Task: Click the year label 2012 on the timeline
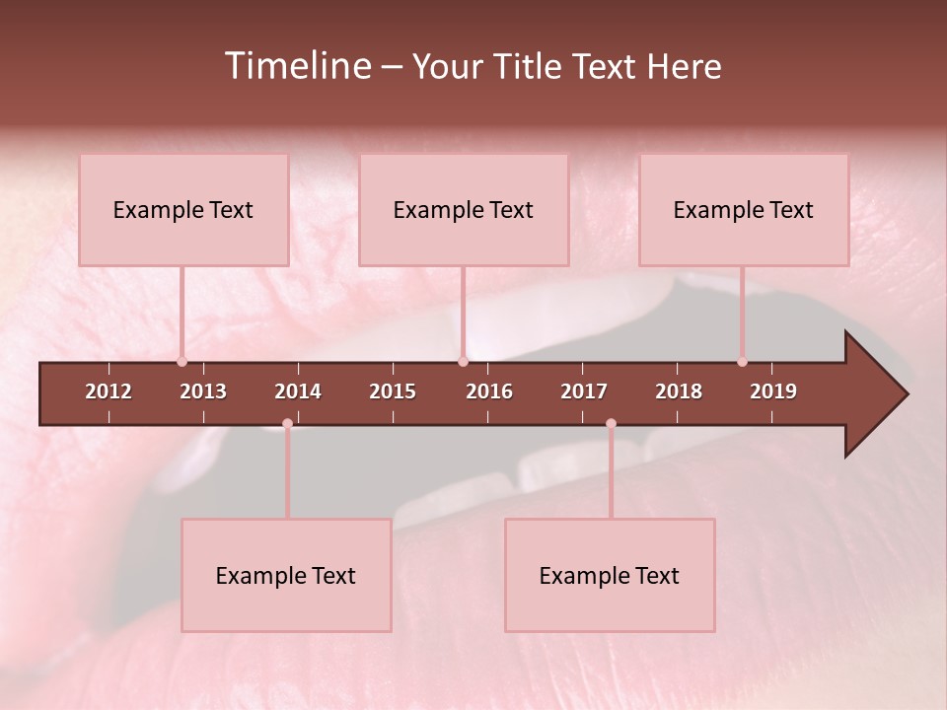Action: [x=109, y=391]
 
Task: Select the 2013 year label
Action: [x=203, y=391]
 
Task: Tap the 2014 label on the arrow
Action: [x=298, y=391]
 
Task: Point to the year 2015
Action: [x=393, y=391]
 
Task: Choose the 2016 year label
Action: [x=489, y=391]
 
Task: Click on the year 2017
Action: [x=584, y=391]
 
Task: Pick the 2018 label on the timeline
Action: [x=679, y=391]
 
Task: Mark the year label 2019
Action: [x=773, y=391]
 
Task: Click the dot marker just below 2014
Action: [x=287, y=424]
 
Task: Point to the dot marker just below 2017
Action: [x=611, y=424]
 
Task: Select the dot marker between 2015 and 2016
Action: [x=463, y=362]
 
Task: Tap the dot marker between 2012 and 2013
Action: [x=182, y=362]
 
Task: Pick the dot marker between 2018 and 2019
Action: [x=742, y=362]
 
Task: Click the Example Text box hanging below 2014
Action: [x=286, y=576]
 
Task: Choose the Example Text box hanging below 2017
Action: [x=610, y=576]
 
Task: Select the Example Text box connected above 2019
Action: [x=744, y=210]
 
